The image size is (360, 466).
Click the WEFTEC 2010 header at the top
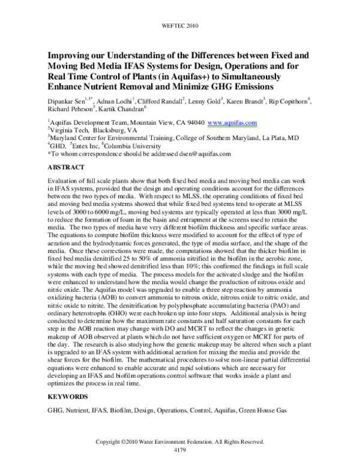[179, 27]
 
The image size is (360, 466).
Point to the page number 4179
[179, 449]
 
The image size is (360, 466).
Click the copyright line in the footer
[179, 441]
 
